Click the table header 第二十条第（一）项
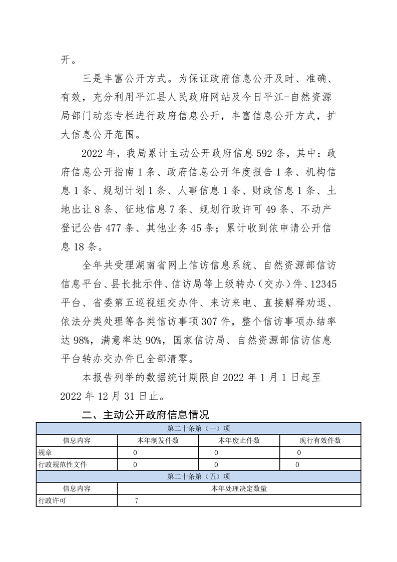click(x=198, y=428)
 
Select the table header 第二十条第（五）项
click(x=198, y=476)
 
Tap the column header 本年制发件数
click(x=158, y=440)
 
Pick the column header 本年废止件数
click(x=239, y=440)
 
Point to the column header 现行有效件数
click(x=320, y=440)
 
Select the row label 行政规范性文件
click(x=63, y=464)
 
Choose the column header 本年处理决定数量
click(x=239, y=488)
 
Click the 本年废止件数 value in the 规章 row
click(x=216, y=452)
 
